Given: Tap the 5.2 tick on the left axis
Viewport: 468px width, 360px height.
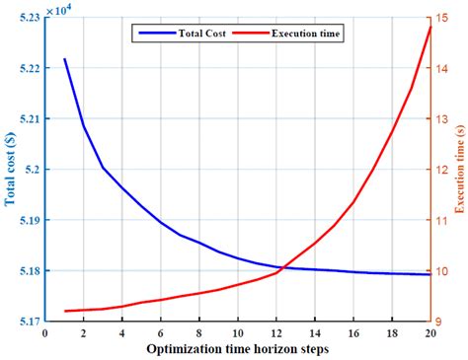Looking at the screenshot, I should coord(33,170).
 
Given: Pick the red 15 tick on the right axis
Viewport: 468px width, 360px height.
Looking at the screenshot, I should coord(444,18).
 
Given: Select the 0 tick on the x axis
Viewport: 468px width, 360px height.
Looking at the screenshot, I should coord(45,333).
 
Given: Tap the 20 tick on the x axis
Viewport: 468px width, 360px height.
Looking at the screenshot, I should coord(430,333).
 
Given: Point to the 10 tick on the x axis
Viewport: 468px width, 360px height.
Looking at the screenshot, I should coord(238,333).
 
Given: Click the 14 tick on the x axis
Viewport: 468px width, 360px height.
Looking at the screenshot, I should coord(315,333).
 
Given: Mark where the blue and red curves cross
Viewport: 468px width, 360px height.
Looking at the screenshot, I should coord(282,267).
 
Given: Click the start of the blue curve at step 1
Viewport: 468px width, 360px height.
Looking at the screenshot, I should coord(65,59).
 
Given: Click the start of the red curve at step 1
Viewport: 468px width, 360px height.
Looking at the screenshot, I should coord(65,311).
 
